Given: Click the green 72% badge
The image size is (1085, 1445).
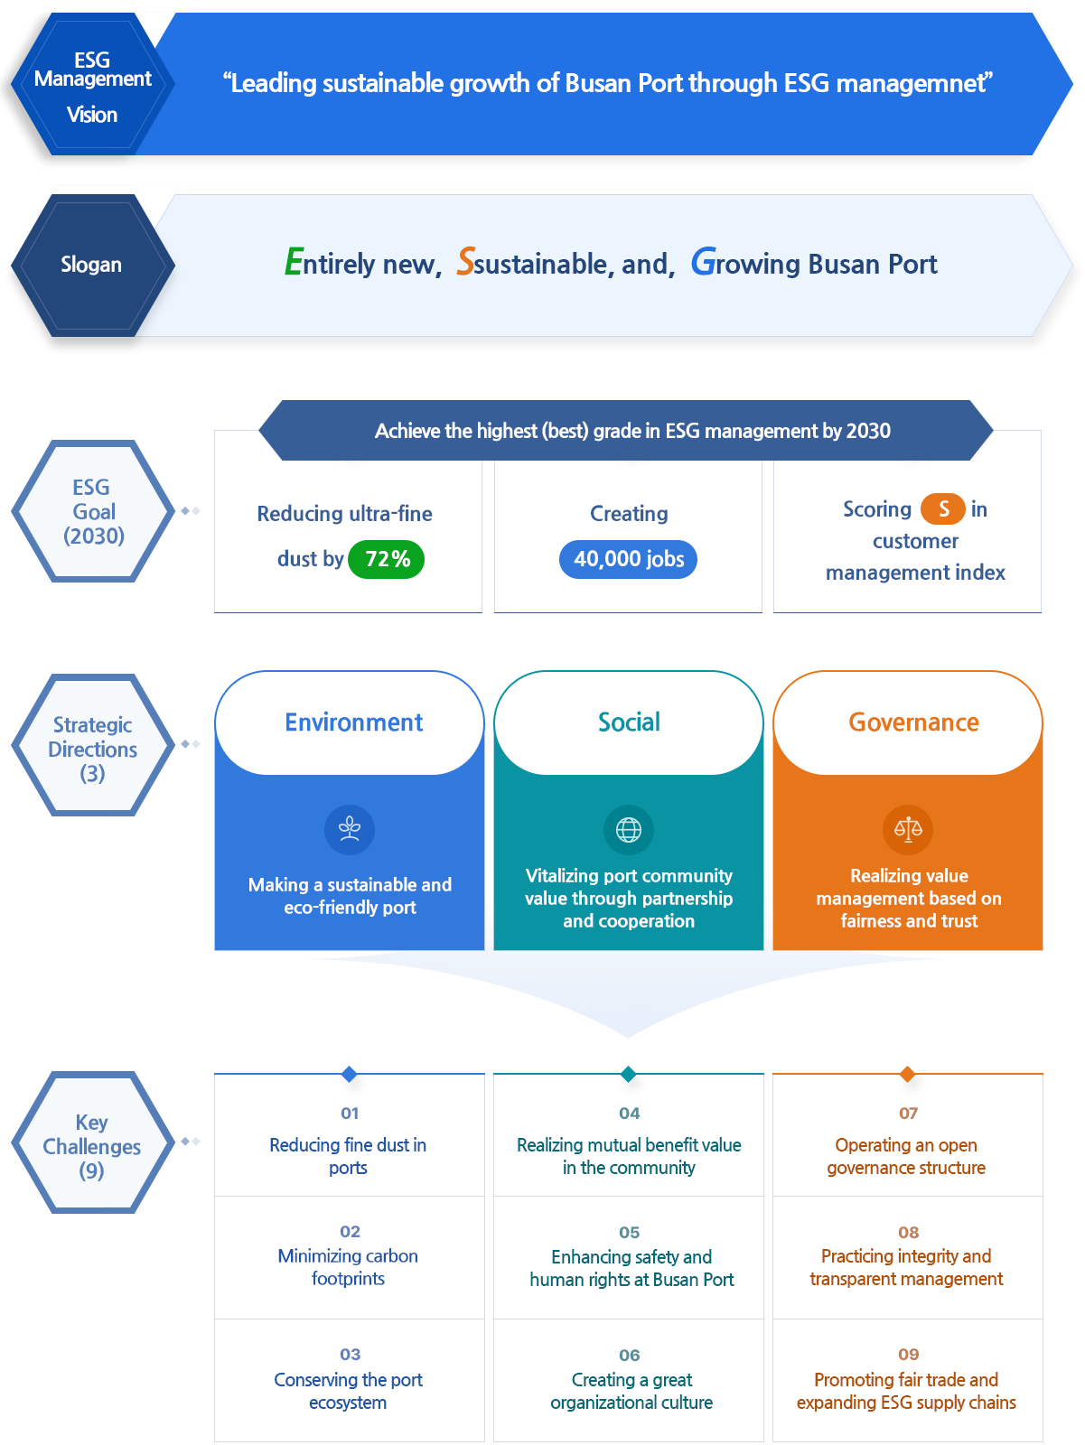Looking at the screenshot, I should (386, 559).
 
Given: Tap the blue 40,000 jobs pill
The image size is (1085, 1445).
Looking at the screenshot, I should (629, 559).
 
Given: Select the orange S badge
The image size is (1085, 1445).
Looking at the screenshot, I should (942, 509).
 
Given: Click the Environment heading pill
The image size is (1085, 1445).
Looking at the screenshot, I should (352, 722).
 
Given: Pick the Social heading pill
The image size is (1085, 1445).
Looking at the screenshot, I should (629, 722).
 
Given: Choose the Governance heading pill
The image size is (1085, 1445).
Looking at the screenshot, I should (912, 722).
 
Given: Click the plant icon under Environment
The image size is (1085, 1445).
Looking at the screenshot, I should (350, 829).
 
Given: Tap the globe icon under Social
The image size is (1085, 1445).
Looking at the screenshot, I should (629, 829).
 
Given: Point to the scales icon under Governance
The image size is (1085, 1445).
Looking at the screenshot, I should (908, 829).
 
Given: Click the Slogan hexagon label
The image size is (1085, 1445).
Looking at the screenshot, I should (91, 265).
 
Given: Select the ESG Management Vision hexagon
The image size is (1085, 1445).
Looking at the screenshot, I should (92, 86).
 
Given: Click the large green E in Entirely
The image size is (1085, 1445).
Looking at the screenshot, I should (294, 262).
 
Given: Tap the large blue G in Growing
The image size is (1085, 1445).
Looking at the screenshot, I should (704, 262).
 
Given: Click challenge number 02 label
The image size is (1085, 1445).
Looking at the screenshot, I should (350, 1231).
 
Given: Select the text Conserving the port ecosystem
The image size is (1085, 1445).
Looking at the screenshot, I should (348, 1391).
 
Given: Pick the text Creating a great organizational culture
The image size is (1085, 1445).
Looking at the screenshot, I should (631, 1391).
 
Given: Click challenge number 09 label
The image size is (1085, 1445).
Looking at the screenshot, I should (908, 1354).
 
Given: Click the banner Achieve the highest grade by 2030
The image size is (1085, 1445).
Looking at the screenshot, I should (631, 431).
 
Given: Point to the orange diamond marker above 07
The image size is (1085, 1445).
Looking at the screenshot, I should (907, 1073).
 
